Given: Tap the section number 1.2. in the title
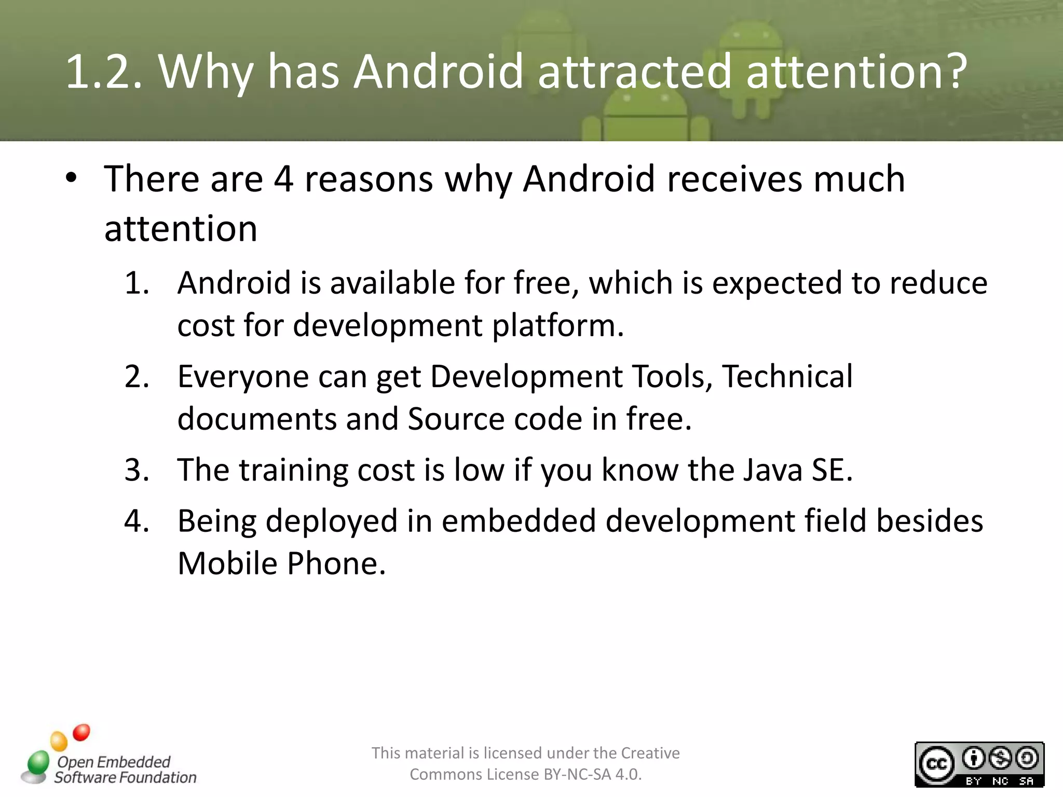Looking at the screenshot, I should click(x=103, y=71).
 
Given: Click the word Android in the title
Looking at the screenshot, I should click(x=438, y=71).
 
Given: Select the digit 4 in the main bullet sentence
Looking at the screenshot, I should click(x=283, y=179).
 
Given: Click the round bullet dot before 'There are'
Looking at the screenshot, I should click(x=71, y=178).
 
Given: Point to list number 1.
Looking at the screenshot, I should click(x=137, y=283).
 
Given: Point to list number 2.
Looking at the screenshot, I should click(x=137, y=377).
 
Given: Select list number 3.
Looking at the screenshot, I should click(x=137, y=470).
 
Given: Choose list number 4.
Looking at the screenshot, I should click(x=137, y=521).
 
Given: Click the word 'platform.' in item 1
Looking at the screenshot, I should click(x=557, y=326).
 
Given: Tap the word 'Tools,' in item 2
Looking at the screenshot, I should click(x=672, y=377).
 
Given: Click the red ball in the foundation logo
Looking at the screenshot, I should click(x=81, y=732).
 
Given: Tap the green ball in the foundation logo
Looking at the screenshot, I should click(x=38, y=763).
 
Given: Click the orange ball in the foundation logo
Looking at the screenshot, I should click(x=59, y=741).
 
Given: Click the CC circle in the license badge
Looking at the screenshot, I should click(x=936, y=764).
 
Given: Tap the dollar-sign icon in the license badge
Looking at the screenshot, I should click(x=1000, y=759).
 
